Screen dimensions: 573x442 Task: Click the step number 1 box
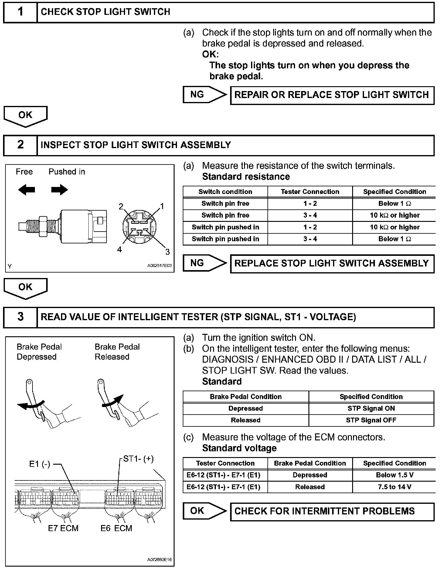coord(20,12)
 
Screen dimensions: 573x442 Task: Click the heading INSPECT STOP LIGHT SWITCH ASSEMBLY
coord(136,145)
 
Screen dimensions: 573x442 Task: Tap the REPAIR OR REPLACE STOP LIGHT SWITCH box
coord(332,95)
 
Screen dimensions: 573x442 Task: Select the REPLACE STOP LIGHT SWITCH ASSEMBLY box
coord(332,263)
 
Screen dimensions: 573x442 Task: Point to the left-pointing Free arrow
coord(26,190)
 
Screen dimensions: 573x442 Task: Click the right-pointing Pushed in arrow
coord(59,190)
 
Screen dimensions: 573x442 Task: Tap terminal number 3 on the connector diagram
coord(167,252)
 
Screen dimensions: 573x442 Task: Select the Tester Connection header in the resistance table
coord(310,192)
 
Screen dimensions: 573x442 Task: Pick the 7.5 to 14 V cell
coord(395,487)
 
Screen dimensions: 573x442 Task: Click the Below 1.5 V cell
coord(395,475)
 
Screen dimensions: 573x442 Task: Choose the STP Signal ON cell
coord(371,409)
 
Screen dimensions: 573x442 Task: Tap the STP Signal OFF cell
coord(371,420)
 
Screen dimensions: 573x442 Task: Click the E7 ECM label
coord(63,528)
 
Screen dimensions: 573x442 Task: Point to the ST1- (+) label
coord(138,459)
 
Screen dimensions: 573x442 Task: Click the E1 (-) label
coord(39,464)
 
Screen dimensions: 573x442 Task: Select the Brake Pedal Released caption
coord(117,352)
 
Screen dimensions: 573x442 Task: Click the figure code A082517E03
coord(159,266)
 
